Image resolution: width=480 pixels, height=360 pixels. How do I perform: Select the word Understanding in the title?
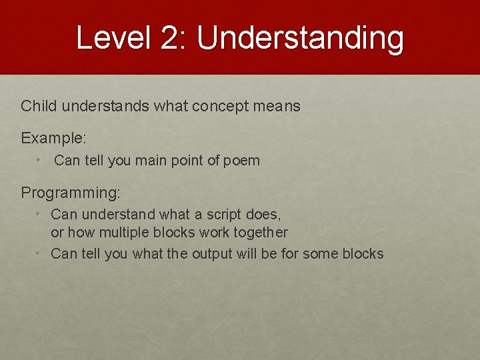pos(300,38)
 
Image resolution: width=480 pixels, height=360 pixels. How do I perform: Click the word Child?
pos(37,106)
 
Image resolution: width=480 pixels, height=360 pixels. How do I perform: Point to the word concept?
pos(219,106)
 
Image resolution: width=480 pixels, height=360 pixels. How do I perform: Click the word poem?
pos(243,161)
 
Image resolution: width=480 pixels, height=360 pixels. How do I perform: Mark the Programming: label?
pos(71,193)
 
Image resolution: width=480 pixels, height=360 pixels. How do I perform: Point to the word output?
pos(212,254)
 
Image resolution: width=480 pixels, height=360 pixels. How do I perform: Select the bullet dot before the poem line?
pos(40,161)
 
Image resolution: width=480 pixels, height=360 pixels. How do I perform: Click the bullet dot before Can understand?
pos(40,215)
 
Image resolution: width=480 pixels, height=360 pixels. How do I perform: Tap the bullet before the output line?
pos(40,254)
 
